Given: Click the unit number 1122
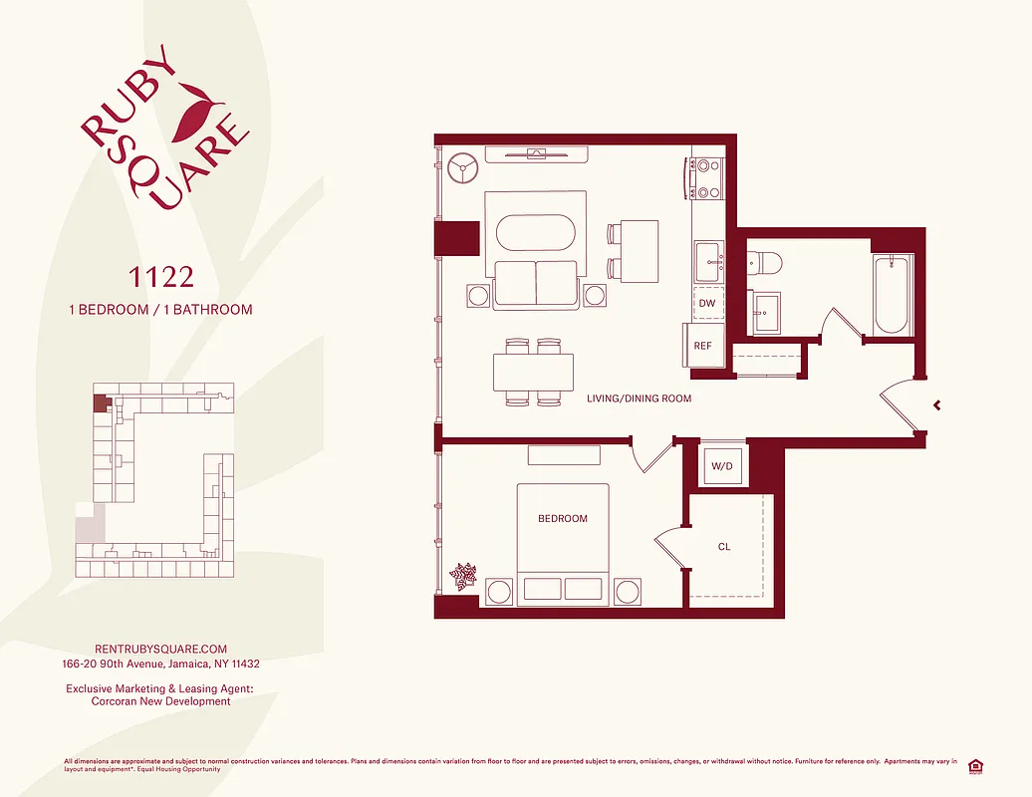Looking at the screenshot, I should click(159, 275).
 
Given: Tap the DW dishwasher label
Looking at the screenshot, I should click(707, 303).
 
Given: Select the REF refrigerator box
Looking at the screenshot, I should click(703, 346).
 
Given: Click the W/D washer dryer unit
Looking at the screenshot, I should click(722, 465).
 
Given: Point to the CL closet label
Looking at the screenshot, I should click(724, 547).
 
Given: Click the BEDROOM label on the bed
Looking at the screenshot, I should click(563, 519).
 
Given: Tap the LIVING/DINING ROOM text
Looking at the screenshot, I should click(639, 398).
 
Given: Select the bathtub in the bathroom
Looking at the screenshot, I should click(891, 295).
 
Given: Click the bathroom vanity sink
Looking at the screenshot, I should click(767, 311).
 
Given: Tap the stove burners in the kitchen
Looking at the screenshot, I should click(707, 179).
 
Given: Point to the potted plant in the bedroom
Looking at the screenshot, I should click(463, 576).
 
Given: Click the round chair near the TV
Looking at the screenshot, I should click(464, 166).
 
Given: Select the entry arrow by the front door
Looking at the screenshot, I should click(935, 404).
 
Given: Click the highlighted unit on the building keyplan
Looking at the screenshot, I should click(100, 402).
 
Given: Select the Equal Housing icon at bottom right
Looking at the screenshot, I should click(975, 766).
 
